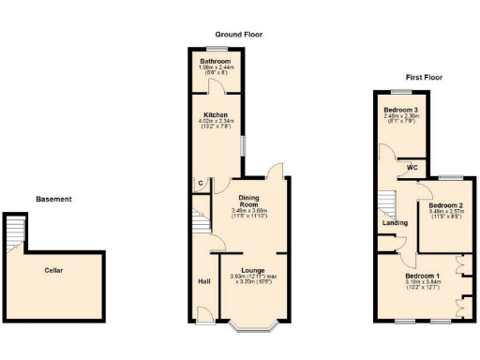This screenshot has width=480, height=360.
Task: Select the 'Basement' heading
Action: pos(53,199)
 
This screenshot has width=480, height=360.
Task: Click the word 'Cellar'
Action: pos(53,270)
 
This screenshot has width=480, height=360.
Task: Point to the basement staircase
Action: pos(14,233)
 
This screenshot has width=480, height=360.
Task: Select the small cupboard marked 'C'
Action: pos(200,184)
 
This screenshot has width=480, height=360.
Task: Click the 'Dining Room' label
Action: pos(249,200)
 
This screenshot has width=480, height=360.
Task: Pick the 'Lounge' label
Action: pos(251,270)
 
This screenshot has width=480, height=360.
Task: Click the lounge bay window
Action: pos(252,325)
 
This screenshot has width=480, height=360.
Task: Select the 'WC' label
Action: pos(412,168)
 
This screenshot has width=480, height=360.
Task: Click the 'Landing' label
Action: pos(395,223)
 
